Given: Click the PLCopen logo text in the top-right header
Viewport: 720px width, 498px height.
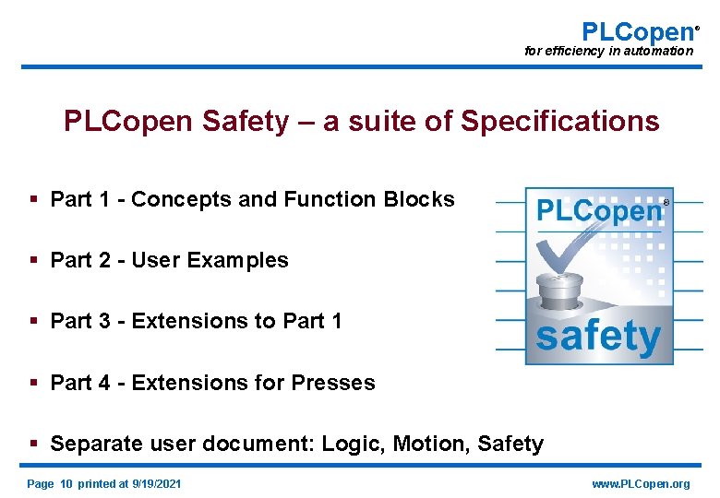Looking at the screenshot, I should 637,31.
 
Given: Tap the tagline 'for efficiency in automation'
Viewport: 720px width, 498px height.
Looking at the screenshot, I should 608,51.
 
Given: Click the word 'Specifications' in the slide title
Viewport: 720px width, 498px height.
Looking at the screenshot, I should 560,121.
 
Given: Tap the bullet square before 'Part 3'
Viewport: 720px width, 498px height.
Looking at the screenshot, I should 33,321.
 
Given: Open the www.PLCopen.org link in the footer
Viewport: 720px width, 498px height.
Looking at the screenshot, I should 641,484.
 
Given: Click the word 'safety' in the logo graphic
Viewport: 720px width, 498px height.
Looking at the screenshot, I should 598,337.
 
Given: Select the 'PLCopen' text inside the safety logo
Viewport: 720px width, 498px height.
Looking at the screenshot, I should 599,210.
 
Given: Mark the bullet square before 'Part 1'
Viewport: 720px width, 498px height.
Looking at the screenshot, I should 33,199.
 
